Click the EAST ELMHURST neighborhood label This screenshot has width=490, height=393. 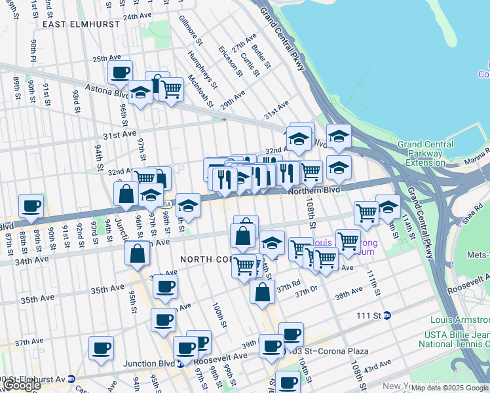coord(81,24)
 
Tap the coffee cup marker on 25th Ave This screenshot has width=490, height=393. coord(120,73)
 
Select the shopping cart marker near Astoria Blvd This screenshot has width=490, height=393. coord(171,88)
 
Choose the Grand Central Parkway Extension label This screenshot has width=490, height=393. coord(425,153)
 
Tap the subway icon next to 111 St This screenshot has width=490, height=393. coord(386,315)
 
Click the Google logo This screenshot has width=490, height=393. coord(22,385)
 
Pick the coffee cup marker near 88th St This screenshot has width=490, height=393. coord(31,206)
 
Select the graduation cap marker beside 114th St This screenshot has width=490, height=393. coord(388,206)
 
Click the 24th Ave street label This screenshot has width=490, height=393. coord(138,16)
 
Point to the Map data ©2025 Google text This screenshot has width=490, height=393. coord(449,388)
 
